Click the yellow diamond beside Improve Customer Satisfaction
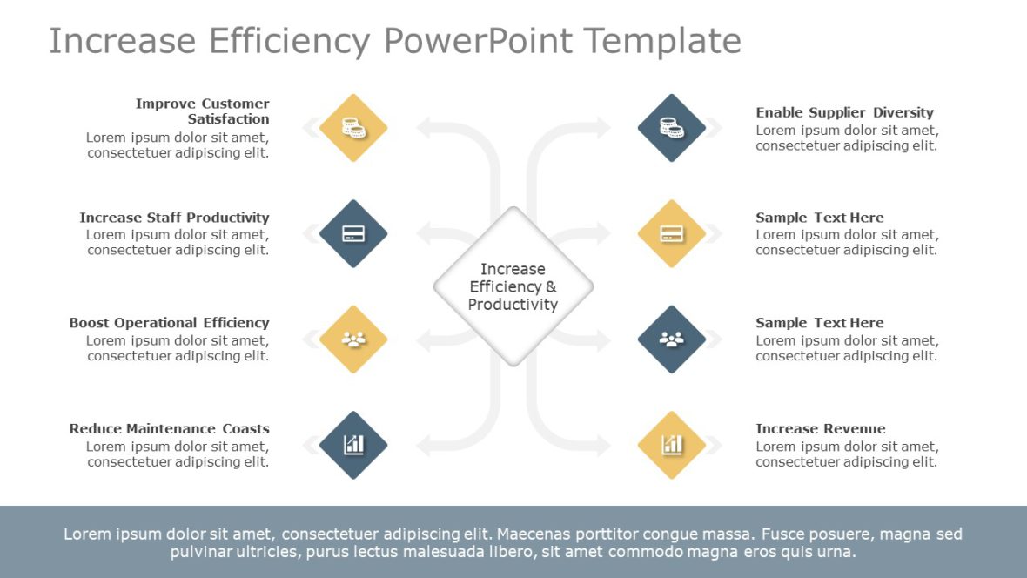tap(353, 128)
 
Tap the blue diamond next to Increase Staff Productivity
tap(353, 233)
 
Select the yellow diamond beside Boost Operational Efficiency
tap(353, 339)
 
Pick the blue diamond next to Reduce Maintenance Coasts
tap(353, 445)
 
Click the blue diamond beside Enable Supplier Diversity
tap(671, 128)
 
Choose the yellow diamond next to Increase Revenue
tap(671, 445)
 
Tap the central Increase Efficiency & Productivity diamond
tap(513, 286)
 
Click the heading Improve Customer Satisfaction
tap(203, 111)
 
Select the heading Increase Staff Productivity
tap(174, 218)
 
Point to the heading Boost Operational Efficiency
tap(169, 323)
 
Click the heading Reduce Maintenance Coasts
tap(169, 428)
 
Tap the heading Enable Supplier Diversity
tap(844, 112)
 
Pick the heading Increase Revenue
tap(820, 428)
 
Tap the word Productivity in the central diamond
tap(513, 305)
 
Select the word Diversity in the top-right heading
tap(903, 112)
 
